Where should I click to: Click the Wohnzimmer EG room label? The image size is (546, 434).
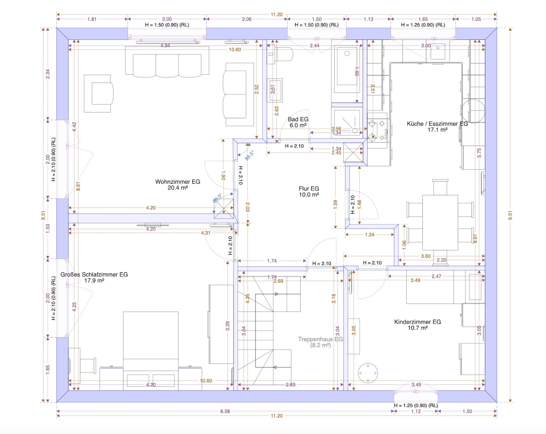pyautogui.click(x=178, y=185)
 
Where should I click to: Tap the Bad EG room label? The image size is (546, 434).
pyautogui.click(x=298, y=122)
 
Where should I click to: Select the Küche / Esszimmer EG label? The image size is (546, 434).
pyautogui.click(x=437, y=126)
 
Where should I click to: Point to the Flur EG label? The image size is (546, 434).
pyautogui.click(x=309, y=192)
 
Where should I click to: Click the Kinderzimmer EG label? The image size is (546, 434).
pyautogui.click(x=418, y=325)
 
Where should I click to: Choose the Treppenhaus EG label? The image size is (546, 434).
pyautogui.click(x=320, y=342)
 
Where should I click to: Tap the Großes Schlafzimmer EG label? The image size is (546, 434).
pyautogui.click(x=94, y=277)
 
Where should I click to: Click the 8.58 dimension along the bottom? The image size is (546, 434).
pyautogui.click(x=225, y=411)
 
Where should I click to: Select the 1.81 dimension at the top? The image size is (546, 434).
pyautogui.click(x=92, y=19)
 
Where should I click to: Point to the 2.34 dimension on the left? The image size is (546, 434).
pyautogui.click(x=48, y=74)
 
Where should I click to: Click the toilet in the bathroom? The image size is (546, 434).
pyautogui.click(x=280, y=54)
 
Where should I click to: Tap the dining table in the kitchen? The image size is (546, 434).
pyautogui.click(x=440, y=223)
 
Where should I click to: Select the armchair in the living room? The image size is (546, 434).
pyautogui.click(x=99, y=94)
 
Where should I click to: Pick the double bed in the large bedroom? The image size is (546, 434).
pyautogui.click(x=151, y=351)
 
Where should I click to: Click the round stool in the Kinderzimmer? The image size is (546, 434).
pyautogui.click(x=368, y=373)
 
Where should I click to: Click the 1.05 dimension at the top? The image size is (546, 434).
pyautogui.click(x=476, y=19)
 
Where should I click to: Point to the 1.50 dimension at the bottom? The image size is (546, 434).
pyautogui.click(x=467, y=411)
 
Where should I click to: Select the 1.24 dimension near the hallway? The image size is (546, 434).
pyautogui.click(x=369, y=235)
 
